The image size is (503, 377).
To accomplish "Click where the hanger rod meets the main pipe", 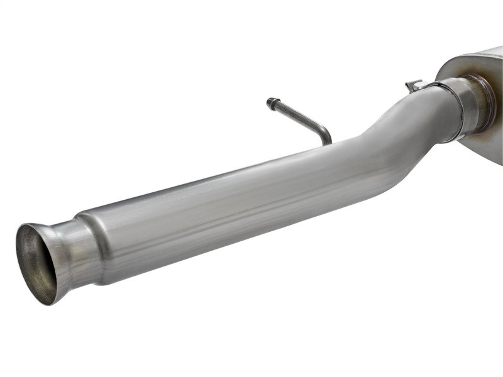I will pos(328,143).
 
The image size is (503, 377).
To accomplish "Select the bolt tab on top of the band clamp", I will pos(413,85).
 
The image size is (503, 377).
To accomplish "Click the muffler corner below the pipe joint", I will pos(484,148).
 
